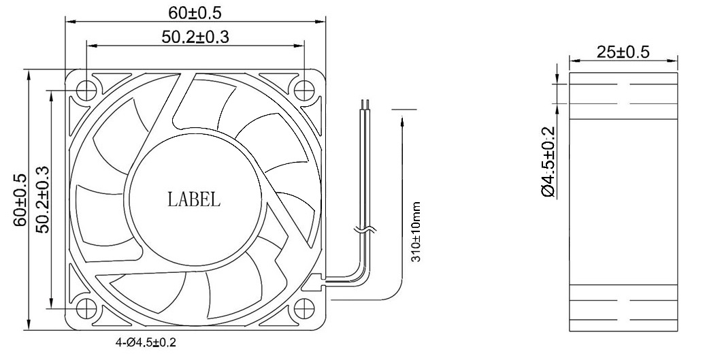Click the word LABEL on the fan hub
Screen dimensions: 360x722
194,199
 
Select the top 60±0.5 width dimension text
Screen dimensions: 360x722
195,12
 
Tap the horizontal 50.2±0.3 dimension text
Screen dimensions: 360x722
195,37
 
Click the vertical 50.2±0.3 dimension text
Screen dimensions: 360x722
42,199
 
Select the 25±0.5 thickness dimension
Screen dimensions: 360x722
623,52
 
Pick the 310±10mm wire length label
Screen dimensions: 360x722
416,232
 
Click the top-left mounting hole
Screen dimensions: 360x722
86,89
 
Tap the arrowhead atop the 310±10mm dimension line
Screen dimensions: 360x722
403,118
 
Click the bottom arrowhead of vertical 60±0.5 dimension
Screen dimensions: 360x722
28,324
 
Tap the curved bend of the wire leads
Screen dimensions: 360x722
357,271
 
